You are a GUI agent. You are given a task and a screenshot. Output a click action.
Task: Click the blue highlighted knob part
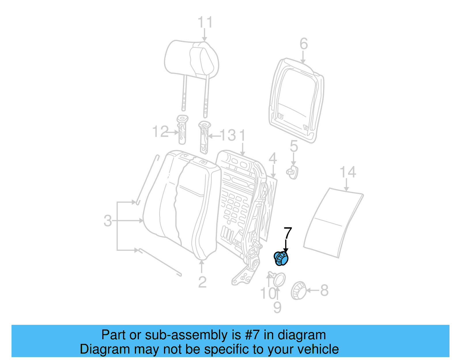(x=281, y=258)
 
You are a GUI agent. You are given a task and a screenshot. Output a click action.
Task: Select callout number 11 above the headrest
(x=205, y=22)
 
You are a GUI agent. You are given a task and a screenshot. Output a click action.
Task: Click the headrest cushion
(x=191, y=59)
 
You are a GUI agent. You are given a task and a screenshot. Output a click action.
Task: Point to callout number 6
(x=303, y=44)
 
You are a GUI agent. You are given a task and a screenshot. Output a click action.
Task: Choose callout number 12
(x=160, y=132)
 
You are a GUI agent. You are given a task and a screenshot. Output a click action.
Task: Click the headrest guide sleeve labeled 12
(x=182, y=129)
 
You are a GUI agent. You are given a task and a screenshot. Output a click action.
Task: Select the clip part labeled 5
(x=293, y=172)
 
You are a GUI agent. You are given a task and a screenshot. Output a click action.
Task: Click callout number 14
(x=348, y=172)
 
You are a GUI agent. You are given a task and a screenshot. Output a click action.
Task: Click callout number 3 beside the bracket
(x=107, y=221)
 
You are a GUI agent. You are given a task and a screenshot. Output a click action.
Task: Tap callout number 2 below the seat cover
(x=202, y=282)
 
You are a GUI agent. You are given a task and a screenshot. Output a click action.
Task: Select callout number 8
(x=324, y=290)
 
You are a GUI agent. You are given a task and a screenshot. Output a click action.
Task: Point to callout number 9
(x=277, y=308)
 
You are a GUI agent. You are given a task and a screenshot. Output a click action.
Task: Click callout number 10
(x=268, y=293)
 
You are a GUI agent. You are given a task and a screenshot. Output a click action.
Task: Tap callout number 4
(x=273, y=159)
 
